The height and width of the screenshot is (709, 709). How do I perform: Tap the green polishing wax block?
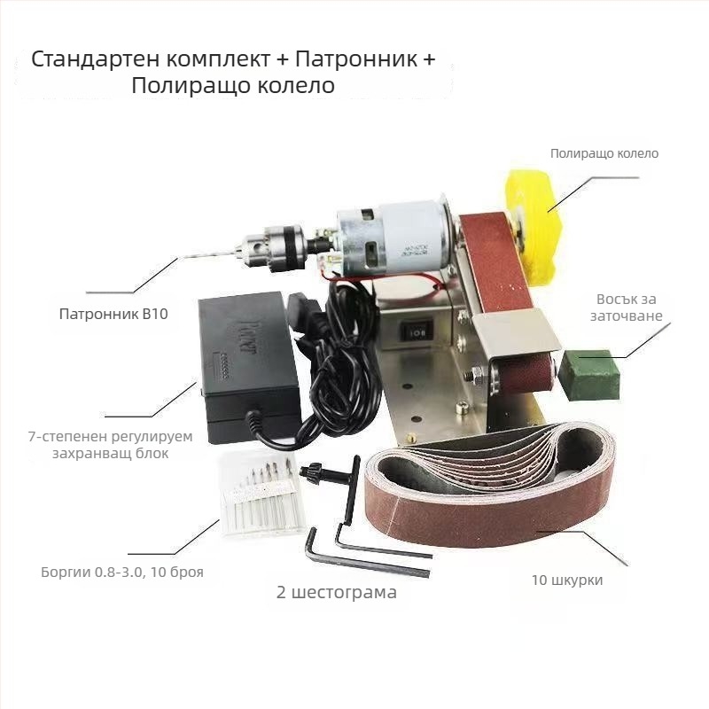coord(588,373)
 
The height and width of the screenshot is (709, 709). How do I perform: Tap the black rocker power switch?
coord(416,332)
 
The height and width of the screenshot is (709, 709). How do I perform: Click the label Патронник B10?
coord(113,314)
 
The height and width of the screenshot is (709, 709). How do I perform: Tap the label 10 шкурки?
coord(567,580)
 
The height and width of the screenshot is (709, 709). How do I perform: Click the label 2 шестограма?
coord(337,592)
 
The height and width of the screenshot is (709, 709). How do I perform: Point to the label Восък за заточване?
coord(627,307)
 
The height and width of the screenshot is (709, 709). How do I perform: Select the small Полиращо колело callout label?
coord(604,153)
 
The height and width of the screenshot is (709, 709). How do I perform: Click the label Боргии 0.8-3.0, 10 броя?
coord(122,572)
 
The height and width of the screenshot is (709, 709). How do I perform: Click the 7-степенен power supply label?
coord(110,445)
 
